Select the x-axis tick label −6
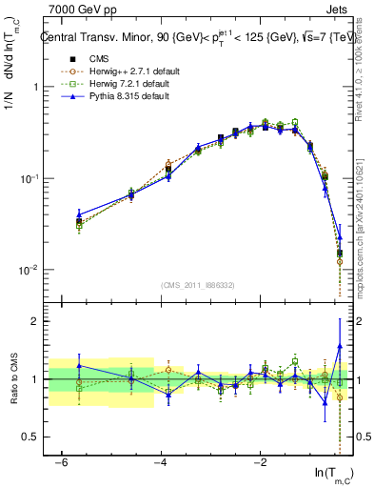click(x=60, y=462)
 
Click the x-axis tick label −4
click(x=160, y=462)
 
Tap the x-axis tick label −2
click(x=259, y=462)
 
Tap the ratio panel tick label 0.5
click(x=30, y=437)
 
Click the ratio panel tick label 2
click(x=35, y=321)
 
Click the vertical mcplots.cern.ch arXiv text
click(x=366, y=238)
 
